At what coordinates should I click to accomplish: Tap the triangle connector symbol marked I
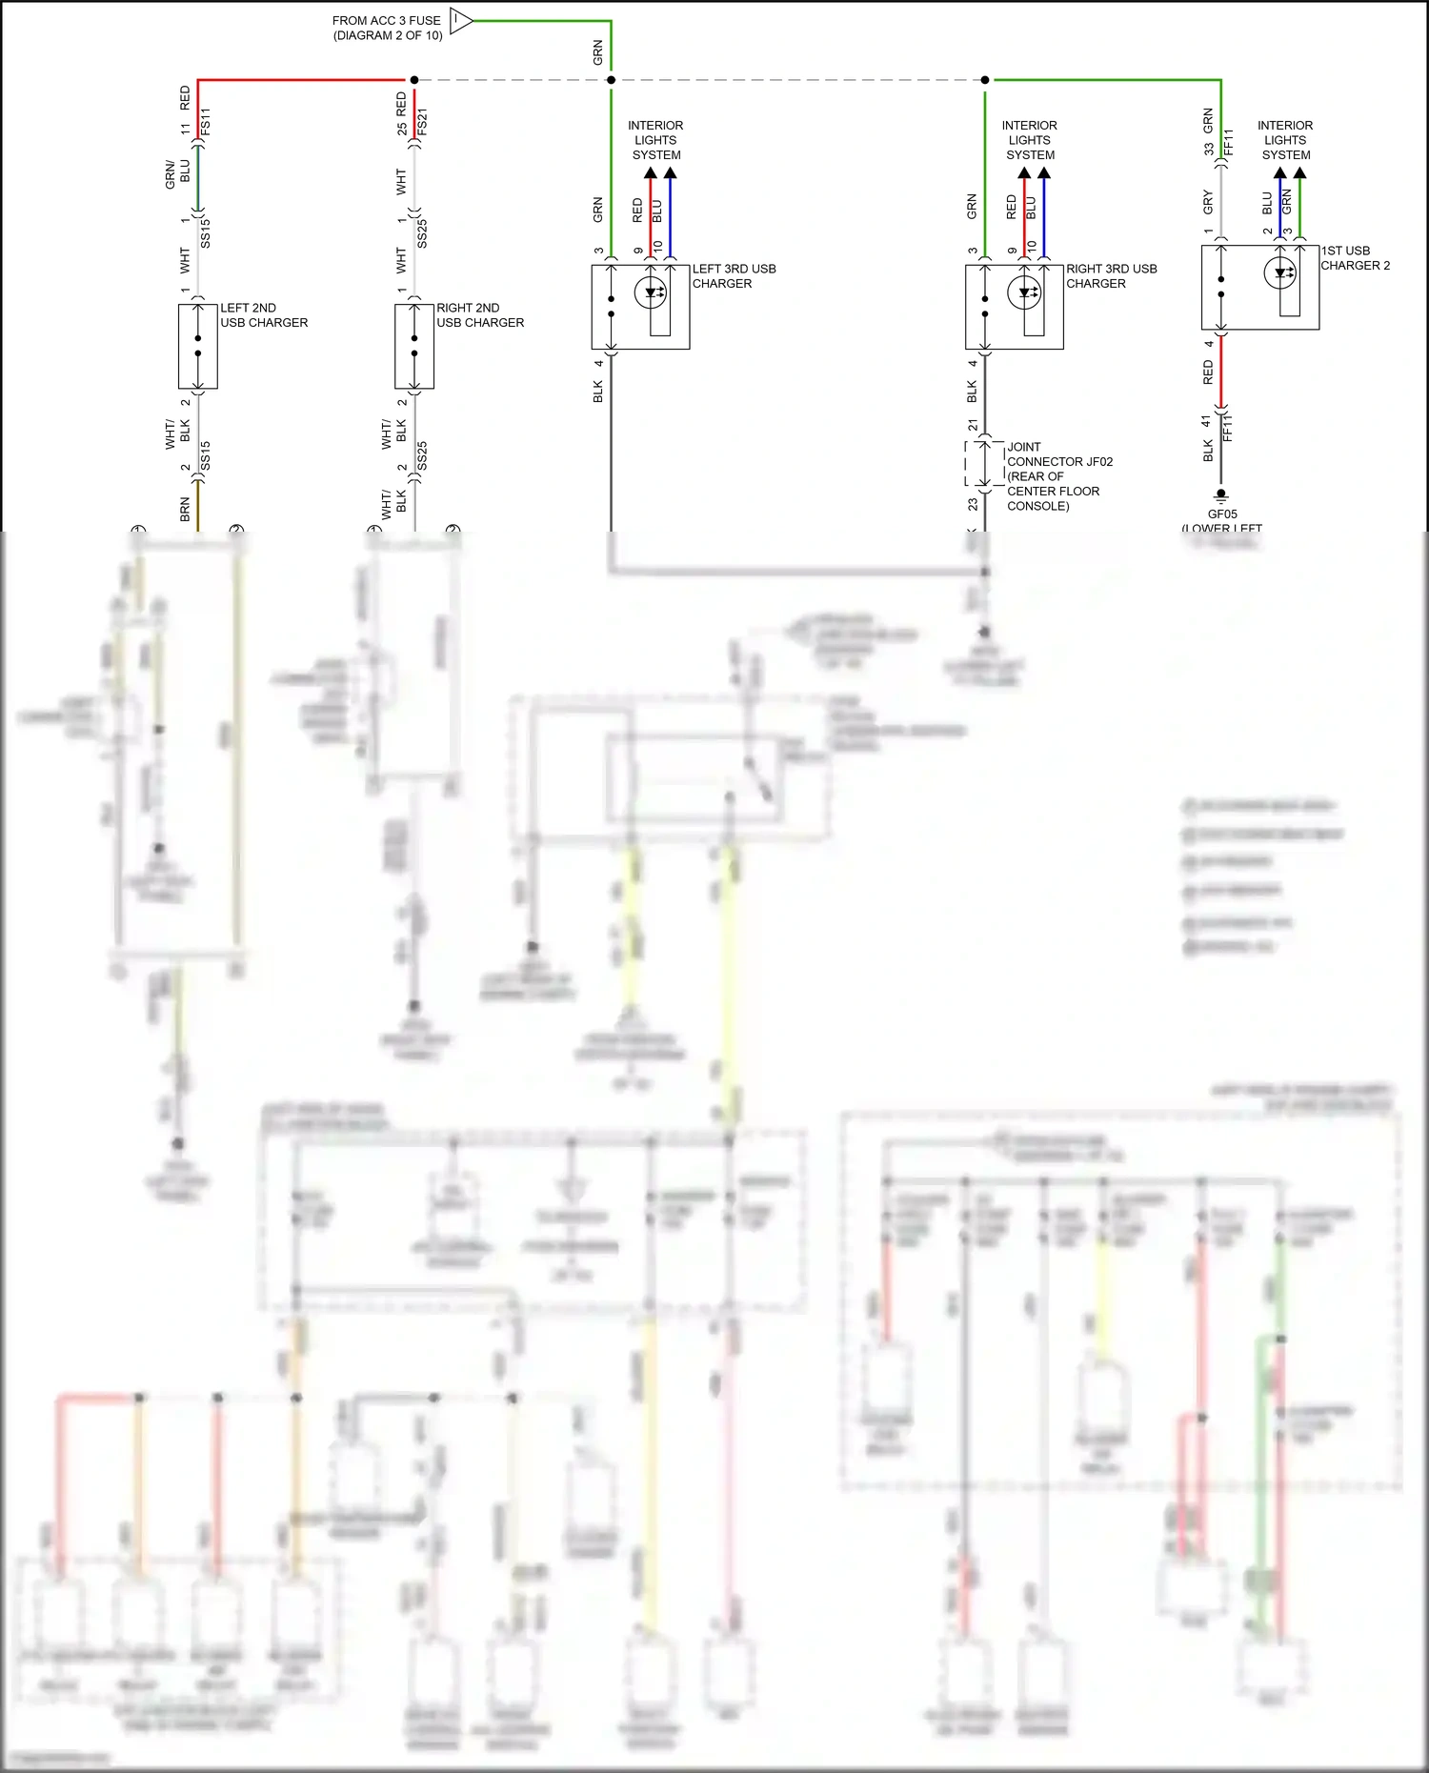pos(460,20)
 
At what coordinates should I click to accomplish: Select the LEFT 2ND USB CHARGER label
pos(264,315)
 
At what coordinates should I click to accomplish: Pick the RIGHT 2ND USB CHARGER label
pos(480,315)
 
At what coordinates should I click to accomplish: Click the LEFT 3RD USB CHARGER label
pos(734,276)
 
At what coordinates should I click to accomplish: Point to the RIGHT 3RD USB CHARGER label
pos(1111,276)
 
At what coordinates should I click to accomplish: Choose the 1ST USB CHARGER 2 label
pos(1354,258)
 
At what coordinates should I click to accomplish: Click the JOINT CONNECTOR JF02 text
pos(1058,461)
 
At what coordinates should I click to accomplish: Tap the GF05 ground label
pos(1222,514)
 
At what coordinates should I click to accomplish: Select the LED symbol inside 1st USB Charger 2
pos(1279,272)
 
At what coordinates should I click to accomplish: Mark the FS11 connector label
pos(206,123)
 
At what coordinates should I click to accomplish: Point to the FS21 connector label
pos(422,123)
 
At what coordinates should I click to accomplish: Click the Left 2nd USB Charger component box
pos(198,346)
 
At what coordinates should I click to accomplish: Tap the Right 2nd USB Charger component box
pos(414,346)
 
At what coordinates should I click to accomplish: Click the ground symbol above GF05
pos(1221,495)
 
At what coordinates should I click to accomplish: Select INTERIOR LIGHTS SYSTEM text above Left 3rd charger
pos(655,140)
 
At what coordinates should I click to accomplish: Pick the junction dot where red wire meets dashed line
pos(413,80)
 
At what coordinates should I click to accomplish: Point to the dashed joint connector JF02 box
pos(985,464)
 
